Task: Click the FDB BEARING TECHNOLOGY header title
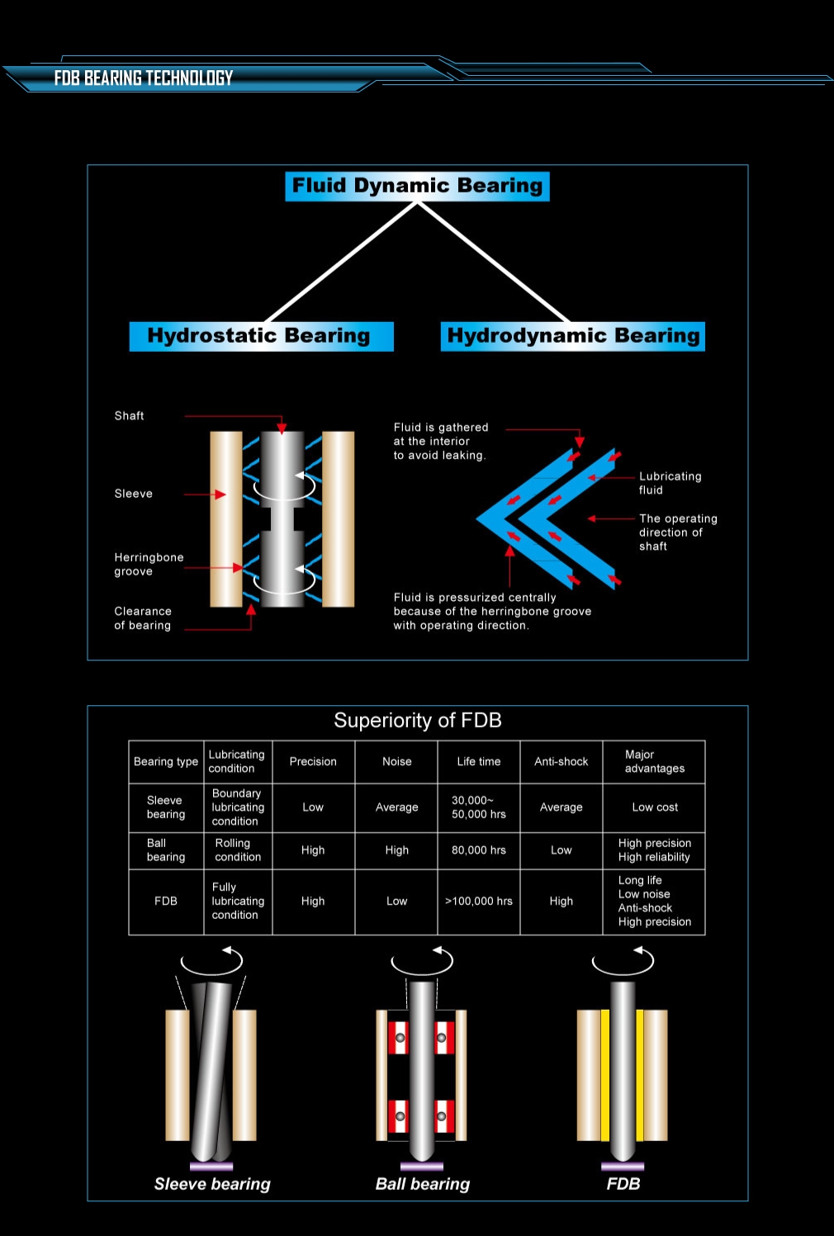click(144, 78)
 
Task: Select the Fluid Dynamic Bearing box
click(417, 186)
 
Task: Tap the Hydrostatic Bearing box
click(261, 336)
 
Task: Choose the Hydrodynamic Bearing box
click(573, 336)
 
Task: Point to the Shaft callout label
click(129, 415)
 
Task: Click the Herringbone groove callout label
click(149, 564)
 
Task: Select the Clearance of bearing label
click(143, 618)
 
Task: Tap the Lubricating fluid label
click(670, 483)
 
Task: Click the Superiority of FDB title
click(418, 720)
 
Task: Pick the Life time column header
click(479, 761)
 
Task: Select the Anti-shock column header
click(562, 761)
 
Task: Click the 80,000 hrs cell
click(479, 850)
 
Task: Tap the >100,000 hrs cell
click(479, 901)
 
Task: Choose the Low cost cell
click(655, 807)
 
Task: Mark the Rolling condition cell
click(238, 850)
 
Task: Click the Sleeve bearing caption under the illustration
click(212, 1184)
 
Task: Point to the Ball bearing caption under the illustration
click(423, 1184)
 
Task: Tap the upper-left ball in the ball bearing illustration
click(400, 1038)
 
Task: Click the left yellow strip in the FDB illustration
click(605, 1075)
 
